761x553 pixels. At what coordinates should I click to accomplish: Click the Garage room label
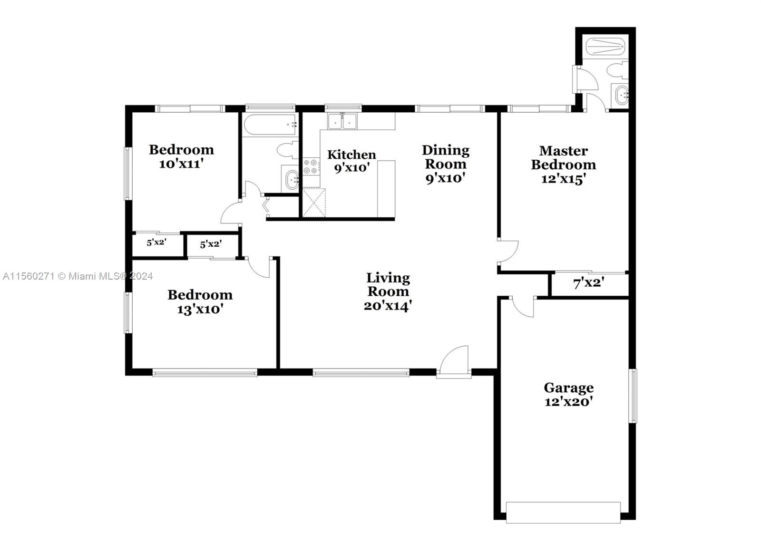pos(568,388)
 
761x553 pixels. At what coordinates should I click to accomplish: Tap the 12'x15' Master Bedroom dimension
pos(563,179)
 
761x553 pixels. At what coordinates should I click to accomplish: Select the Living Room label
pos(388,284)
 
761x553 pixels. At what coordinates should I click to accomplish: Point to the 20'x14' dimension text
pos(388,306)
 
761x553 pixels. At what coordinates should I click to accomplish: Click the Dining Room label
pos(445,157)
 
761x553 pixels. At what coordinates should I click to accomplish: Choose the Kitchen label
pos(351,155)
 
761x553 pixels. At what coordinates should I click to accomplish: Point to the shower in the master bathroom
pos(604,47)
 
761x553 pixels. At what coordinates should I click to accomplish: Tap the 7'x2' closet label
pos(589,283)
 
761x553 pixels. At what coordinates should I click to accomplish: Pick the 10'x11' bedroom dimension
pos(181,164)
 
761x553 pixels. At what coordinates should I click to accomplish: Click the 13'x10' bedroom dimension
pos(200,310)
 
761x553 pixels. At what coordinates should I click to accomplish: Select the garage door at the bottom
pos(563,513)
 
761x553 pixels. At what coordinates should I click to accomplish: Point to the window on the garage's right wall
pos(633,396)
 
